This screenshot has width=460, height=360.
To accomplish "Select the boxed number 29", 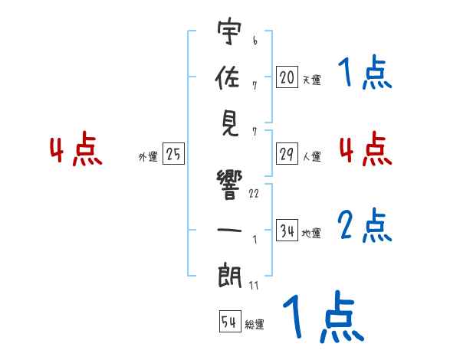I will coord(287,154).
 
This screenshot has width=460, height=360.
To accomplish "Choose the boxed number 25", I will coord(173,155).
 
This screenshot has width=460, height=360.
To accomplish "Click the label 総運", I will coord(255,325).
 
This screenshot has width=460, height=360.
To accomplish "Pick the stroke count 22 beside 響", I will coord(254,194).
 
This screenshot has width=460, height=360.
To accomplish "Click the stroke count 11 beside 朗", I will coord(254,286).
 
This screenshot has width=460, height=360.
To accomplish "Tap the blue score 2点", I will coord(365,227).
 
